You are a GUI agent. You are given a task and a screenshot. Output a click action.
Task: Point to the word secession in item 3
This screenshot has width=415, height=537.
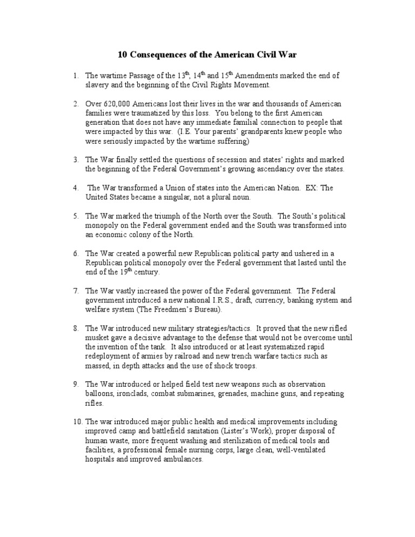[223, 159]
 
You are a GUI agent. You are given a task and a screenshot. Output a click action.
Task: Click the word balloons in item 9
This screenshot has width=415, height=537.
[99, 394]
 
